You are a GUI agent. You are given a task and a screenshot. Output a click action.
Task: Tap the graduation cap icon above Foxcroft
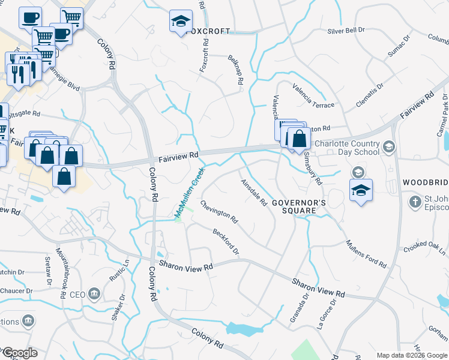180,22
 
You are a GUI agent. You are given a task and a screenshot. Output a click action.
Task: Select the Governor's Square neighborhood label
299,206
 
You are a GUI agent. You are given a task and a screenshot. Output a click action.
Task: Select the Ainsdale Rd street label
253,193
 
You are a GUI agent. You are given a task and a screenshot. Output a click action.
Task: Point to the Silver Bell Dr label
347,31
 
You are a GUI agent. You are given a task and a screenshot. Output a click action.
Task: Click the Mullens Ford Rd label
366,253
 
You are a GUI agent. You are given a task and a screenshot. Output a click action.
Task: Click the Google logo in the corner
19,353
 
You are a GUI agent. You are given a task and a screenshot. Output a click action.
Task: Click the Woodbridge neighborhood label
425,182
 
